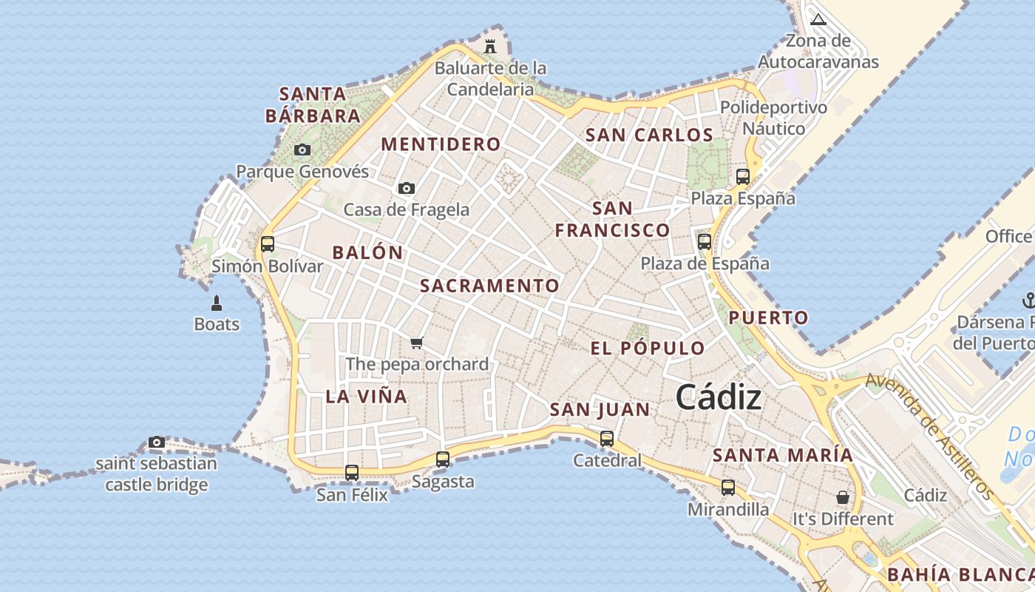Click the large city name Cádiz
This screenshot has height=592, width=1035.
point(718,397)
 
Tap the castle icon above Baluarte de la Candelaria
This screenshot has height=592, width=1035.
point(490,46)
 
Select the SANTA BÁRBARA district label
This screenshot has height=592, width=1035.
point(313,105)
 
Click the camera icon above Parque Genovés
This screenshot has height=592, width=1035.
point(302,150)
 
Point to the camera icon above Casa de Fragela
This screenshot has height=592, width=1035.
point(406,189)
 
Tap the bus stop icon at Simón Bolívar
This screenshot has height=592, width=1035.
point(268,244)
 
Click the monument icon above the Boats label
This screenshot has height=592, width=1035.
point(217,303)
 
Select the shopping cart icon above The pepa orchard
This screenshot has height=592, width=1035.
point(416,343)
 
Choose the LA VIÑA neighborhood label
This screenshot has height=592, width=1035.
point(367,397)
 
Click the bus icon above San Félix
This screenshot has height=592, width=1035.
point(352,472)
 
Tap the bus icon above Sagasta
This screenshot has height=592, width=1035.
point(443,460)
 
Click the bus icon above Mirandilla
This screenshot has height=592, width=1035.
point(728,488)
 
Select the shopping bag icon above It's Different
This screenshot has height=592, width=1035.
point(843,497)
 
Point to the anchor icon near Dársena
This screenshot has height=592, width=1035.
point(1028,300)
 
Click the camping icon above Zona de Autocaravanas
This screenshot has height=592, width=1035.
point(818,19)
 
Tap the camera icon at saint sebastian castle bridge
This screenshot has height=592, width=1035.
point(156,443)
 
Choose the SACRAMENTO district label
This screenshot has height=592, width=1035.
point(489,286)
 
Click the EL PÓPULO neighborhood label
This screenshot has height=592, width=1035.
point(648,349)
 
